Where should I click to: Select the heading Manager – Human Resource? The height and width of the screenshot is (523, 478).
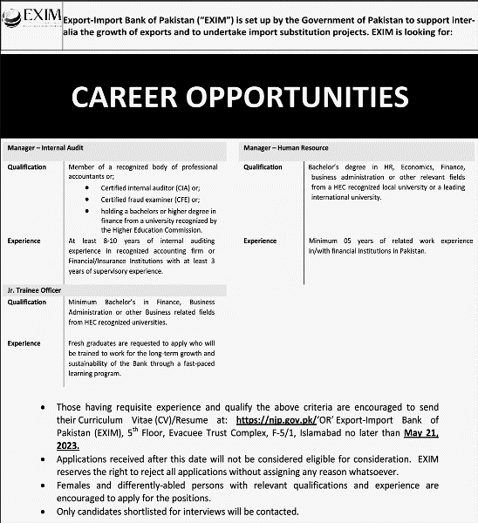tap(286, 148)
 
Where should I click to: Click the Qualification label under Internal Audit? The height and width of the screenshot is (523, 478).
tap(29, 167)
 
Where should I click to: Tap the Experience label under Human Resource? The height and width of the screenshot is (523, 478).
tap(260, 241)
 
